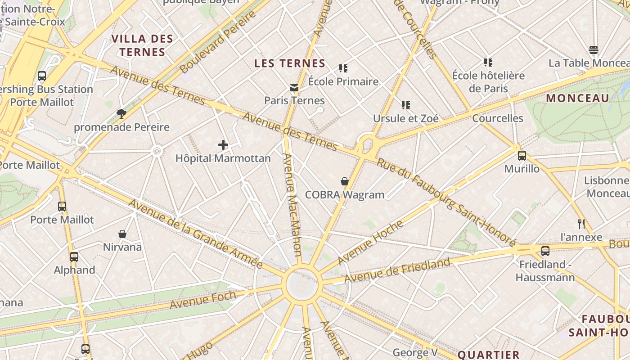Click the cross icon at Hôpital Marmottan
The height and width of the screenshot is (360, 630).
(223, 145)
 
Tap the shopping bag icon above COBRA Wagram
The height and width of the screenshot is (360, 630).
(344, 181)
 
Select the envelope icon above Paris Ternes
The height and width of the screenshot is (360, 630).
(294, 87)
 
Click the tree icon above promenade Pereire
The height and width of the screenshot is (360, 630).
(121, 113)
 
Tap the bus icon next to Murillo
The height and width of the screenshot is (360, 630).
(522, 156)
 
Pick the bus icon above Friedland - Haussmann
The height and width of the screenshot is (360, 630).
(545, 251)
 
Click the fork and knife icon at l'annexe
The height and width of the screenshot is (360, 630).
(581, 224)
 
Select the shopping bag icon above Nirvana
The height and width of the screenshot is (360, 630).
(122, 234)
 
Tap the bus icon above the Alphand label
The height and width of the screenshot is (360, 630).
(74, 257)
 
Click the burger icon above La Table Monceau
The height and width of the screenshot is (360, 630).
(593, 49)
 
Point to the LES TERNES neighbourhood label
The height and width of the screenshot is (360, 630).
(290, 63)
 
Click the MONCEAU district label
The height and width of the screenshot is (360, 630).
(577, 98)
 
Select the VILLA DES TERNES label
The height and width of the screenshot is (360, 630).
(142, 45)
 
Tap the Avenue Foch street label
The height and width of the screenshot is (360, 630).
(202, 300)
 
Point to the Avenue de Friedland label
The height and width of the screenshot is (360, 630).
(397, 270)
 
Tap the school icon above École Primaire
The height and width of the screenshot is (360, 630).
(343, 68)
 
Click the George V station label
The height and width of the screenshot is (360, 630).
(415, 352)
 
